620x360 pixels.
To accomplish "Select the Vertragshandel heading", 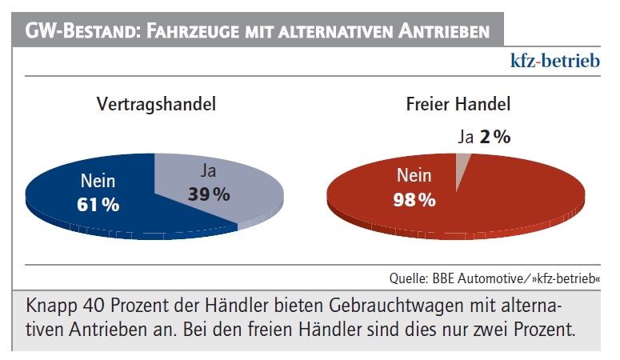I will click(156, 104).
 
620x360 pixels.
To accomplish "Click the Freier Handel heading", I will click(458, 104).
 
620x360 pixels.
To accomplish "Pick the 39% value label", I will click(209, 194).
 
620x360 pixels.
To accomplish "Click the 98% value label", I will click(414, 200).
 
